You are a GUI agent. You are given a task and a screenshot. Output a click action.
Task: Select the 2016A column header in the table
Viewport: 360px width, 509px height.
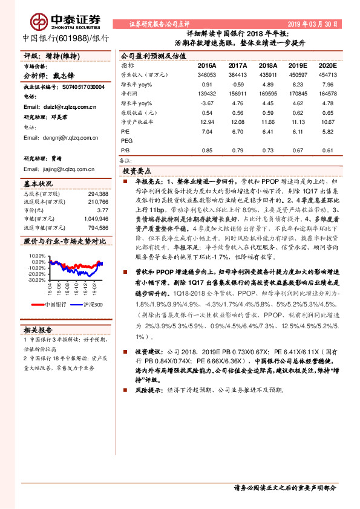[x=207, y=65]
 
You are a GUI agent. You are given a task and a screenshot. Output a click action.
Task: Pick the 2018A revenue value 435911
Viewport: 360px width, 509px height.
[x=267, y=74]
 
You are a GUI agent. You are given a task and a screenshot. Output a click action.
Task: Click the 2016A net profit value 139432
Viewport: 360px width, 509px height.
[x=207, y=94]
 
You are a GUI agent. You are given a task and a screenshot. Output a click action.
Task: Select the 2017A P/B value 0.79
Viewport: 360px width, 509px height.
[x=237, y=150]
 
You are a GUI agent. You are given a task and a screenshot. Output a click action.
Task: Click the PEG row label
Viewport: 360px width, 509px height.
[x=127, y=140]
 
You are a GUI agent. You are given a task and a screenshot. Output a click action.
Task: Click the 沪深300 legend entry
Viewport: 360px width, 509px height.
[x=91, y=304]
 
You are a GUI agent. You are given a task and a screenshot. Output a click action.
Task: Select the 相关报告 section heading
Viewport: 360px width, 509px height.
[x=38, y=330]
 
